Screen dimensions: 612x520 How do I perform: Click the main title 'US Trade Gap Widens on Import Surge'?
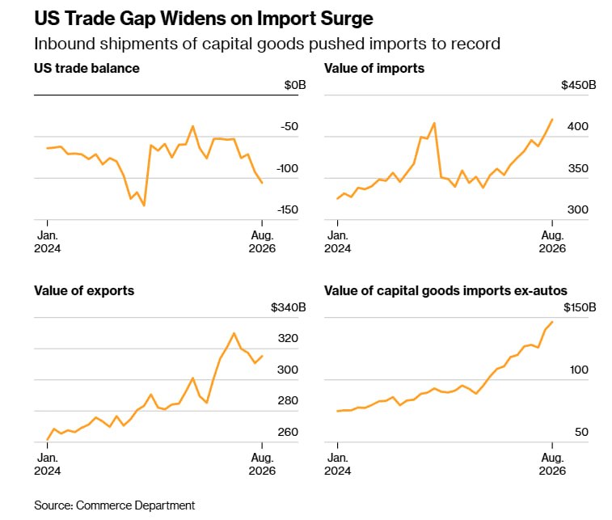204,19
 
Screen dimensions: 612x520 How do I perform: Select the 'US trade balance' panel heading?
87,68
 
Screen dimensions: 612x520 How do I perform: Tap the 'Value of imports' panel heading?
374,68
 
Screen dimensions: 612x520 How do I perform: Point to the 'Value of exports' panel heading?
84,291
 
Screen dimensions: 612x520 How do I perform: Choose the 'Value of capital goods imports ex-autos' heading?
445,291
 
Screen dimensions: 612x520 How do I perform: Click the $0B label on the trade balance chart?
295,85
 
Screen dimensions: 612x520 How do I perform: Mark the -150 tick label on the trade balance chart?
288,210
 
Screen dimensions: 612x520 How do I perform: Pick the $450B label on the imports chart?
578,85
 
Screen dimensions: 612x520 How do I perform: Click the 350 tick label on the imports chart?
578,169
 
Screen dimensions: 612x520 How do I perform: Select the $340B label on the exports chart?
289,307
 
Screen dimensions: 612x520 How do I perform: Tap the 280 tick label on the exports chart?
288,400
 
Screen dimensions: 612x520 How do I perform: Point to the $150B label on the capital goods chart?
580,307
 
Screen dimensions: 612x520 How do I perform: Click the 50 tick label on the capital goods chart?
581,432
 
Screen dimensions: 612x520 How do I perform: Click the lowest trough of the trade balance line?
144,205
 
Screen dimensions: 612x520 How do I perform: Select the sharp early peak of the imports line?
434,124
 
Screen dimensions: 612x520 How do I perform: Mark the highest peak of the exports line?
234,333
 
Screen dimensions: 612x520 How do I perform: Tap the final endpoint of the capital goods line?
552,322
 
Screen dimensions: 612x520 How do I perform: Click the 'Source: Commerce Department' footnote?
114,505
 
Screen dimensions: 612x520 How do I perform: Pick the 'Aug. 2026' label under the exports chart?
262,464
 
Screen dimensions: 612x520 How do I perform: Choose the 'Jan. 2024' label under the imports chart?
338,242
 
